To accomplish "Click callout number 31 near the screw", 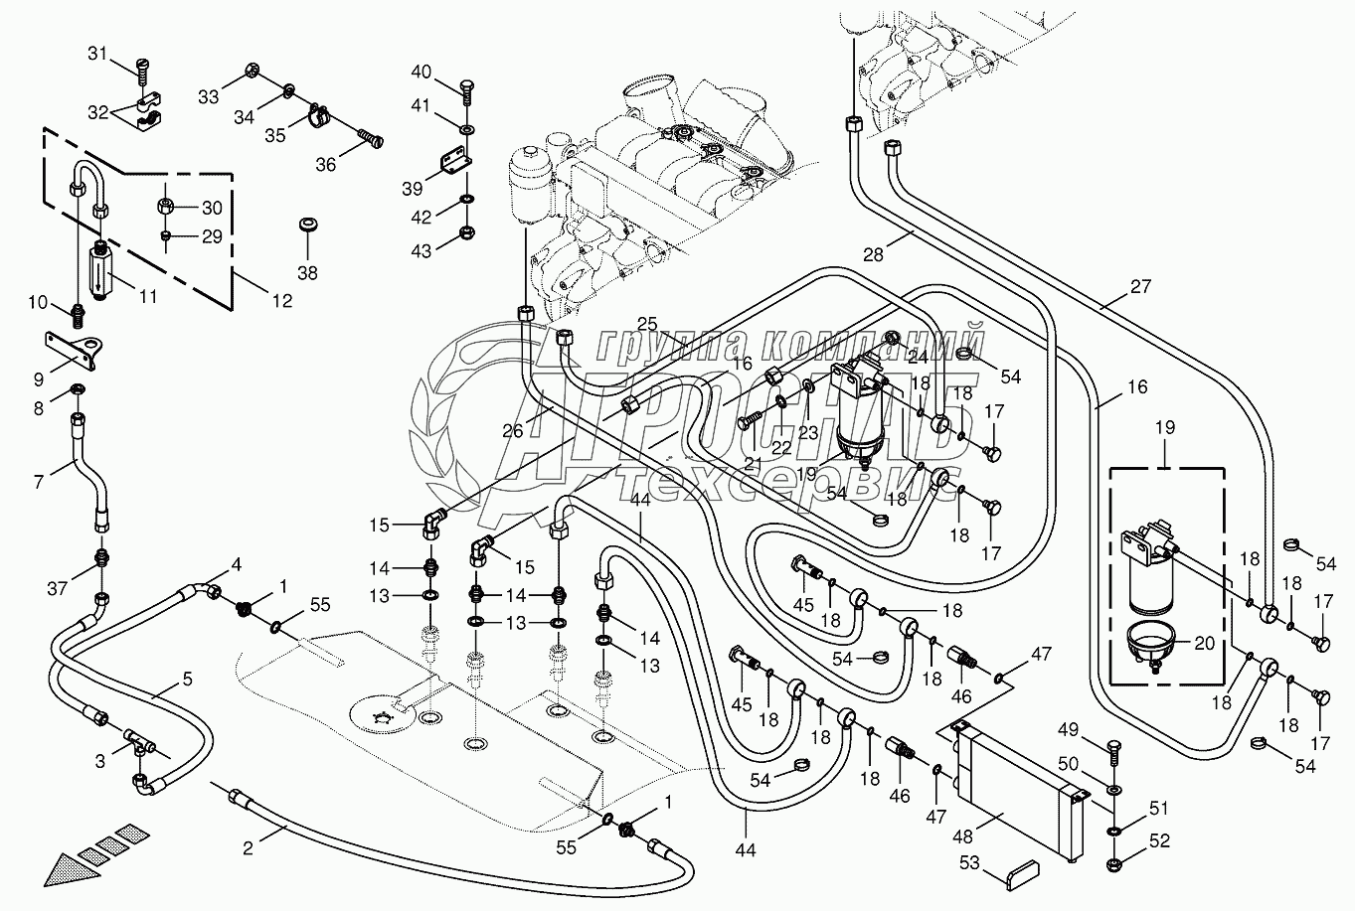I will pos(123,55).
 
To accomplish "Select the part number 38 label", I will pos(307,272).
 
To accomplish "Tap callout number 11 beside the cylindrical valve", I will pos(147,295).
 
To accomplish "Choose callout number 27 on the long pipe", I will pos(1139,287).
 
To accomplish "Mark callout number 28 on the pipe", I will pos(873,255).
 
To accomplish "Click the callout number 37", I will pos(59,589).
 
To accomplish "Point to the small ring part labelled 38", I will pos(307,225).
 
